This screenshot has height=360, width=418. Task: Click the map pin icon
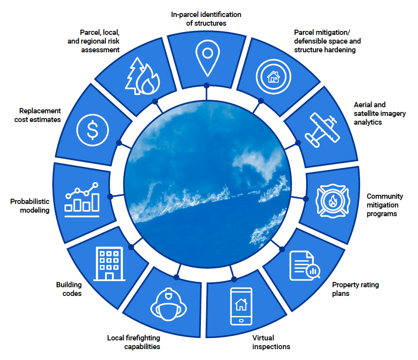pos(207,56)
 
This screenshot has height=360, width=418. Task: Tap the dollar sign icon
pos(93,129)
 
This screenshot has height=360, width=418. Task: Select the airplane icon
pos(322,130)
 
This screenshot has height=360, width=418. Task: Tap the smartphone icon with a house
pos(241,306)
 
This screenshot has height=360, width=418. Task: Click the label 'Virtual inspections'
pos(271,342)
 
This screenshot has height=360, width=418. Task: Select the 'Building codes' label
pos(69,289)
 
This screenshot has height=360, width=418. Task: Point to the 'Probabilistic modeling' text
pos(30,206)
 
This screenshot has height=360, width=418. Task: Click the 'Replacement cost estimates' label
pos(37,115)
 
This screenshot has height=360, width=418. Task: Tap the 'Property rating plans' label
pos(355,289)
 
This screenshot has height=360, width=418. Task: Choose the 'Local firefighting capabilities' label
pos(134,342)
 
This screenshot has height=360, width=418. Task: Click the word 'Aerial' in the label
pos(364,105)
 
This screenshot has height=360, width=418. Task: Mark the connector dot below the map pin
pos(206,86)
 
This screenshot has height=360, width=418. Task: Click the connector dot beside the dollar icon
pos(119,143)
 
